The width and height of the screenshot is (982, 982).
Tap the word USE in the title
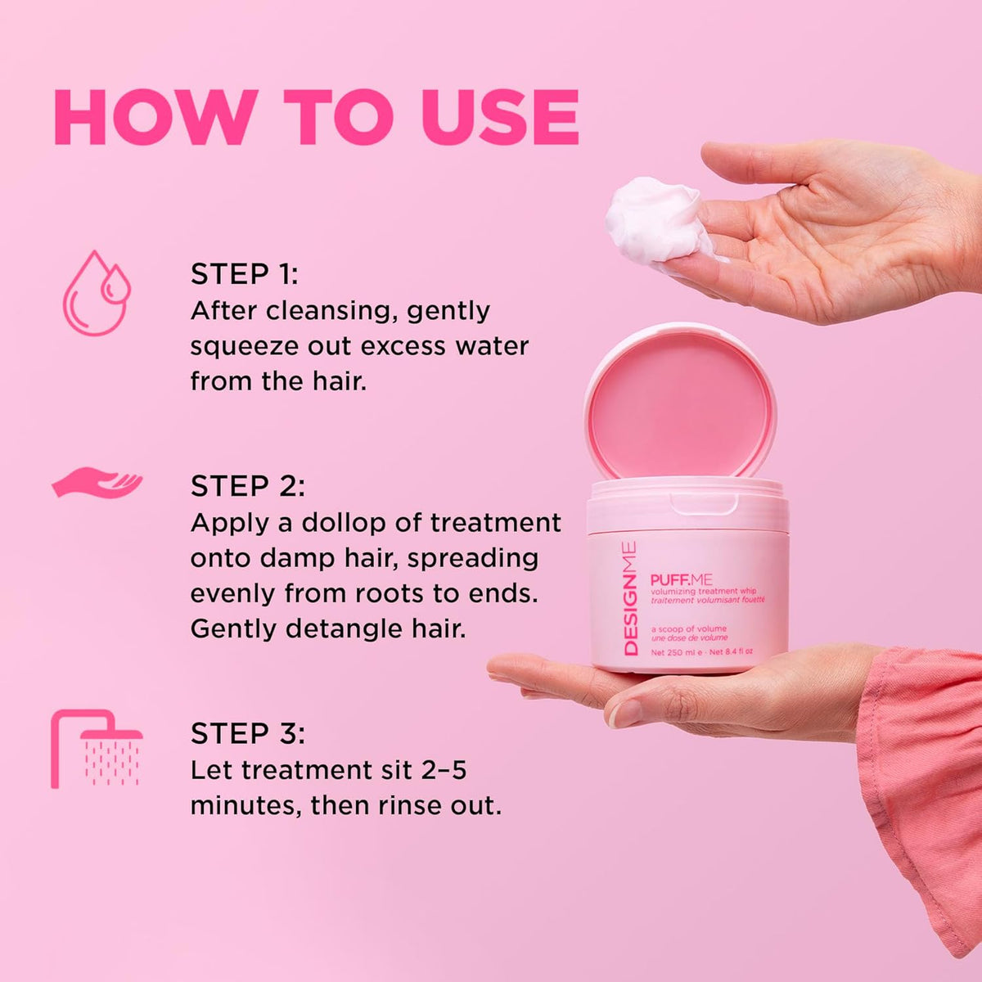(500, 117)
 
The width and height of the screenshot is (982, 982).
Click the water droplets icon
(97, 293)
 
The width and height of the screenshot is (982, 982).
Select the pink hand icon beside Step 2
(97, 482)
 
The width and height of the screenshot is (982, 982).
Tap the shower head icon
(97, 749)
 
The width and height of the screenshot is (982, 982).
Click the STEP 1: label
(244, 274)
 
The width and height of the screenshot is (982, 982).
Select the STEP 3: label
(248, 733)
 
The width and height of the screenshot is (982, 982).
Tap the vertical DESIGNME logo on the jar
(630, 599)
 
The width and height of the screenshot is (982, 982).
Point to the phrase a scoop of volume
(689, 628)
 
